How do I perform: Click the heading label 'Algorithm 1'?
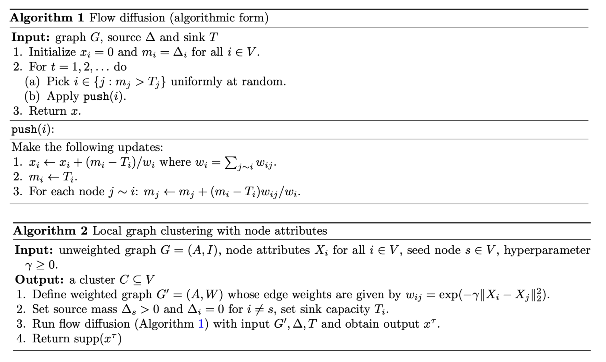click(x=47, y=18)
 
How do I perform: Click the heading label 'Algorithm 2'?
click(x=50, y=231)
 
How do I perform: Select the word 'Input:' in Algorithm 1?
click(x=31, y=38)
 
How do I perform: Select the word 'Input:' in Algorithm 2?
click(x=34, y=250)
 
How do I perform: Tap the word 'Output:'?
click(x=40, y=280)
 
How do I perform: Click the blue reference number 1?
click(x=201, y=324)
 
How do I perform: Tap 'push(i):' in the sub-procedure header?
click(x=33, y=129)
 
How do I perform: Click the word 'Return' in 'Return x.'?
click(x=48, y=111)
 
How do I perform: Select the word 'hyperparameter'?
click(x=547, y=250)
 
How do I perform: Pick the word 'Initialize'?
click(x=53, y=52)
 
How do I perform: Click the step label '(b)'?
click(x=32, y=96)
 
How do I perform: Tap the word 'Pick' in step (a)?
click(x=58, y=82)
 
